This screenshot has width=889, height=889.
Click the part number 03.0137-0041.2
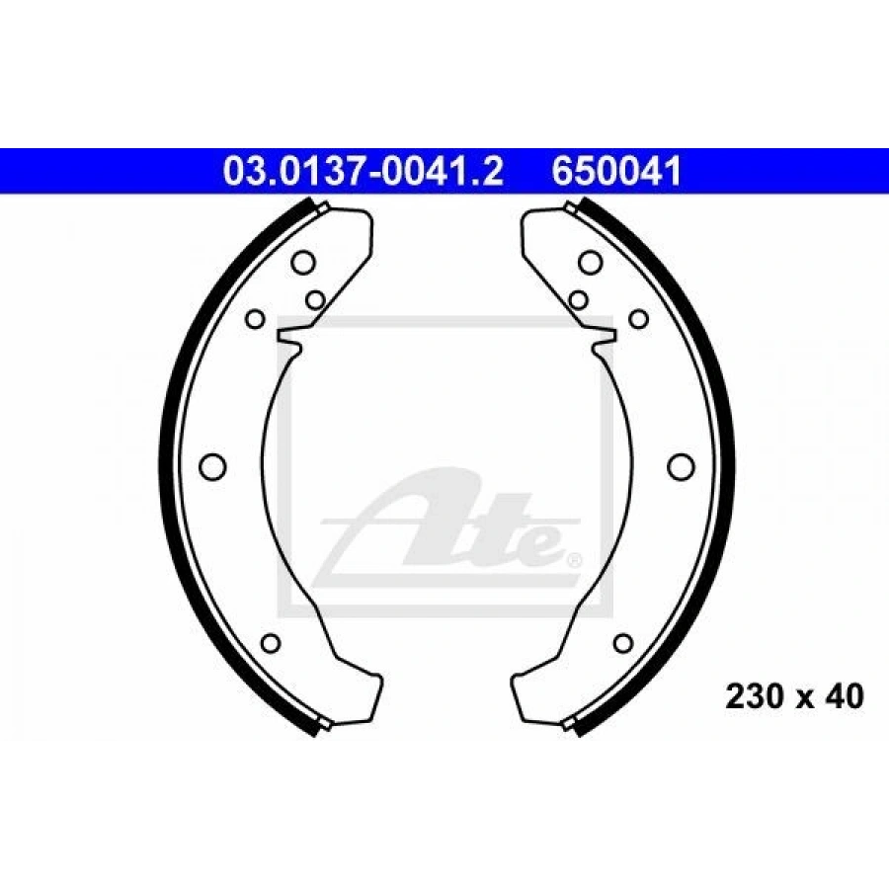pos(364,171)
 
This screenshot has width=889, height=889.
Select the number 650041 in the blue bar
pos(616,171)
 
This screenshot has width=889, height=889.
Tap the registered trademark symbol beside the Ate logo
pos(573,560)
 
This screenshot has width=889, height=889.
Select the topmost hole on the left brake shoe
pos(303,263)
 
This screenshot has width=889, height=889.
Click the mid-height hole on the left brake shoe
pos(213,466)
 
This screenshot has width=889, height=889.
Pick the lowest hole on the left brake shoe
pos(272,643)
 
